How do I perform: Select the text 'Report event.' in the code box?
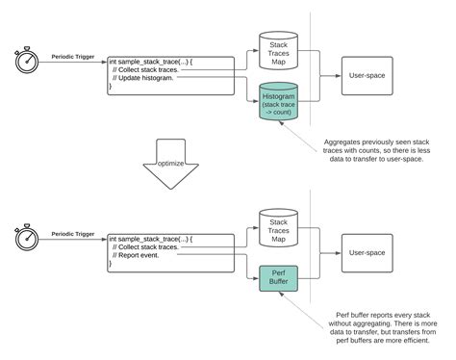pos(139,255)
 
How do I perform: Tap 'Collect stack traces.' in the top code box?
pos(147,69)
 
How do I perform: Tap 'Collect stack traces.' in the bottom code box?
pos(147,246)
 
